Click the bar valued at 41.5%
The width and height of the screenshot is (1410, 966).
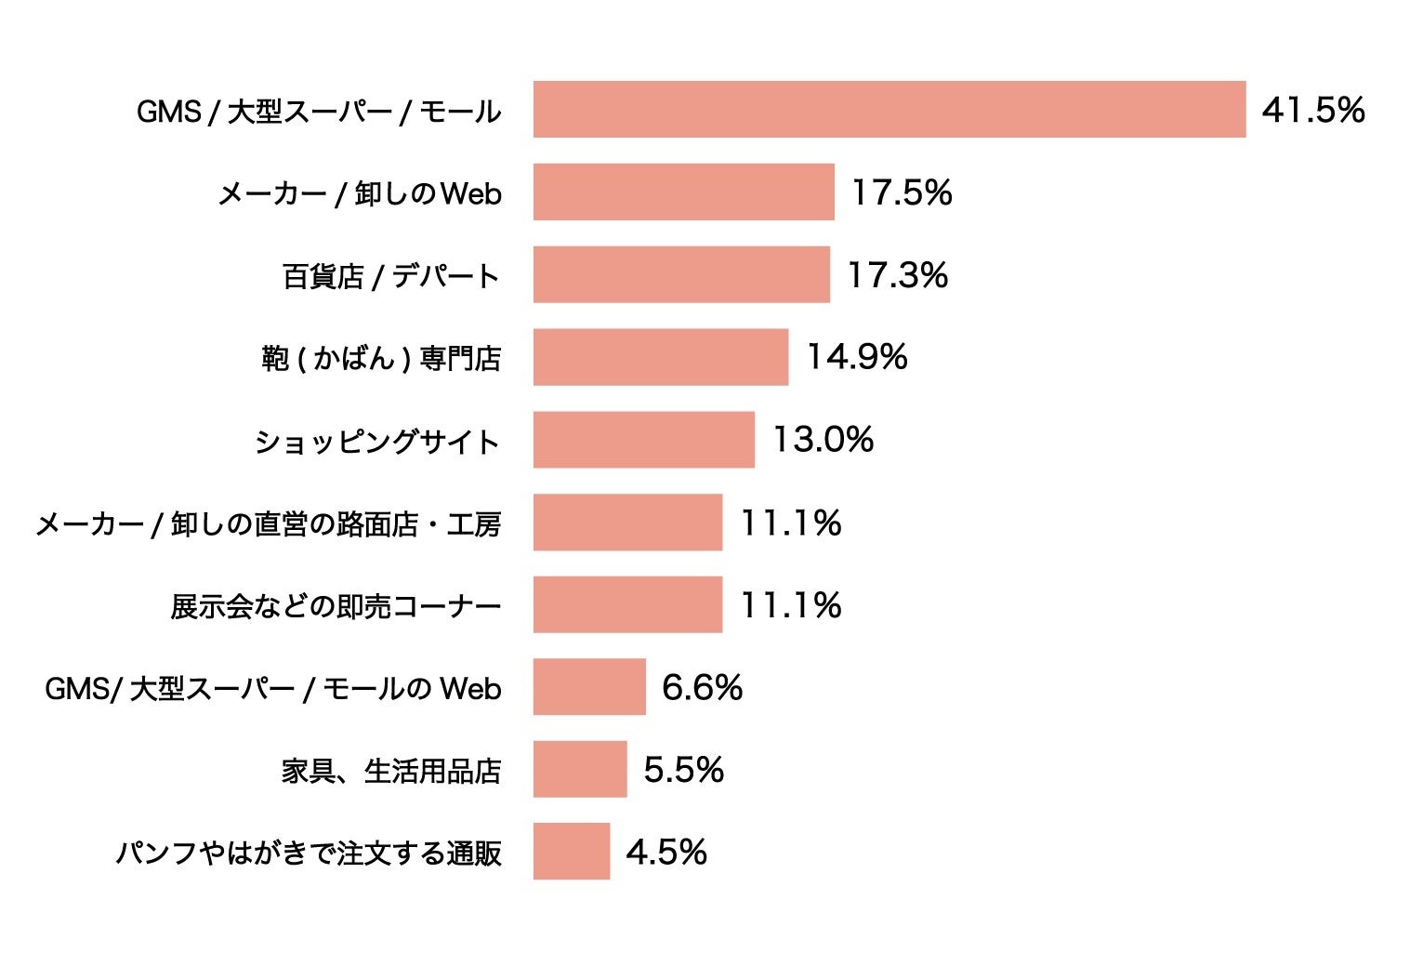tap(889, 110)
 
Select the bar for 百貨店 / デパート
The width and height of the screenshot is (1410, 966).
tap(681, 274)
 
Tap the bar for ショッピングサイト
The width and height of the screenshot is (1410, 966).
tap(643, 440)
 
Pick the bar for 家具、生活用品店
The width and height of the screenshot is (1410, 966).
tap(580, 769)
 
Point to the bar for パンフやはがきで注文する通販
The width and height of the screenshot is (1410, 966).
tap(572, 851)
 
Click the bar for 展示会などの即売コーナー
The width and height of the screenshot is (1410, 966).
tap(627, 604)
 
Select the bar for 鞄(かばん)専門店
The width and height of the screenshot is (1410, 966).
tap(660, 357)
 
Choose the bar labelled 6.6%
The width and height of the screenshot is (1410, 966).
tap(589, 687)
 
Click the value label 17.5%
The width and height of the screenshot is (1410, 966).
tap(902, 192)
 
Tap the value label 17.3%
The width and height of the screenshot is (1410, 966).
tap(897, 275)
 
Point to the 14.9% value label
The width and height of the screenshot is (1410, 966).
tap(856, 357)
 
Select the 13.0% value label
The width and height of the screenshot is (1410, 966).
tap(824, 440)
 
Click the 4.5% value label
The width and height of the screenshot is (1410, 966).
tap(666, 852)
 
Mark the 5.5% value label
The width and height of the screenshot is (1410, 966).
tap(683, 770)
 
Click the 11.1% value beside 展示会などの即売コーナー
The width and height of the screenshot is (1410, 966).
tap(790, 605)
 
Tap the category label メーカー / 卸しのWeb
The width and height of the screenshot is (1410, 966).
tap(360, 193)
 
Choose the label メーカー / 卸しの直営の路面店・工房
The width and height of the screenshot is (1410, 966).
tap(269, 524)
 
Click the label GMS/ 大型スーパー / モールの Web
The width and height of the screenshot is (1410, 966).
tap(273, 689)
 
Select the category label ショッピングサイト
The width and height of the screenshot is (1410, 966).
tap(377, 441)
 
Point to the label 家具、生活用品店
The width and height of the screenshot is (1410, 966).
tap(391, 771)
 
